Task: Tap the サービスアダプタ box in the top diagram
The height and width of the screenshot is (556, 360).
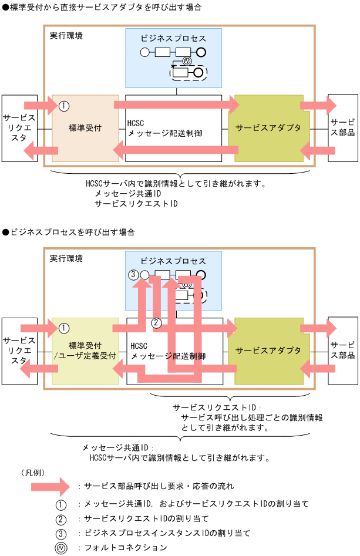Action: (x=268, y=127)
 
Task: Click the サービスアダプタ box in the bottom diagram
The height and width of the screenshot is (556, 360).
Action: (x=268, y=351)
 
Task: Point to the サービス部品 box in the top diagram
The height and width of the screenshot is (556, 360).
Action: (x=342, y=127)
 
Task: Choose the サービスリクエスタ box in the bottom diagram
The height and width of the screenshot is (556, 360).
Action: (x=19, y=351)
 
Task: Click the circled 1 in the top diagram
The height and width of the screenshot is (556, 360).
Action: (x=65, y=106)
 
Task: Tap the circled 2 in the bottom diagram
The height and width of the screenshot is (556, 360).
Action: (x=156, y=322)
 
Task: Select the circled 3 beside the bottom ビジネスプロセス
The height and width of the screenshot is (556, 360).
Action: (x=133, y=274)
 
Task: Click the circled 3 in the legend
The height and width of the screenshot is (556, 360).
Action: (x=61, y=533)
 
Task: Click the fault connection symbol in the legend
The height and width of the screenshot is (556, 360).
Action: (x=61, y=548)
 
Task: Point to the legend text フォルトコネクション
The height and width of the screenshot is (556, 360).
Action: (x=126, y=548)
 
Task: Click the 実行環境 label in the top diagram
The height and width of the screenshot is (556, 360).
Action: (x=66, y=35)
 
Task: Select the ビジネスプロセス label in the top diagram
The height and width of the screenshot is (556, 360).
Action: (x=173, y=38)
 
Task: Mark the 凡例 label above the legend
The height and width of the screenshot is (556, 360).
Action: (x=33, y=472)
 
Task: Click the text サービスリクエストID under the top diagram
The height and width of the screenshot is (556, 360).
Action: (x=136, y=204)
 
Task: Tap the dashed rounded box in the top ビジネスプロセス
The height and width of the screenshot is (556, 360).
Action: (x=189, y=73)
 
